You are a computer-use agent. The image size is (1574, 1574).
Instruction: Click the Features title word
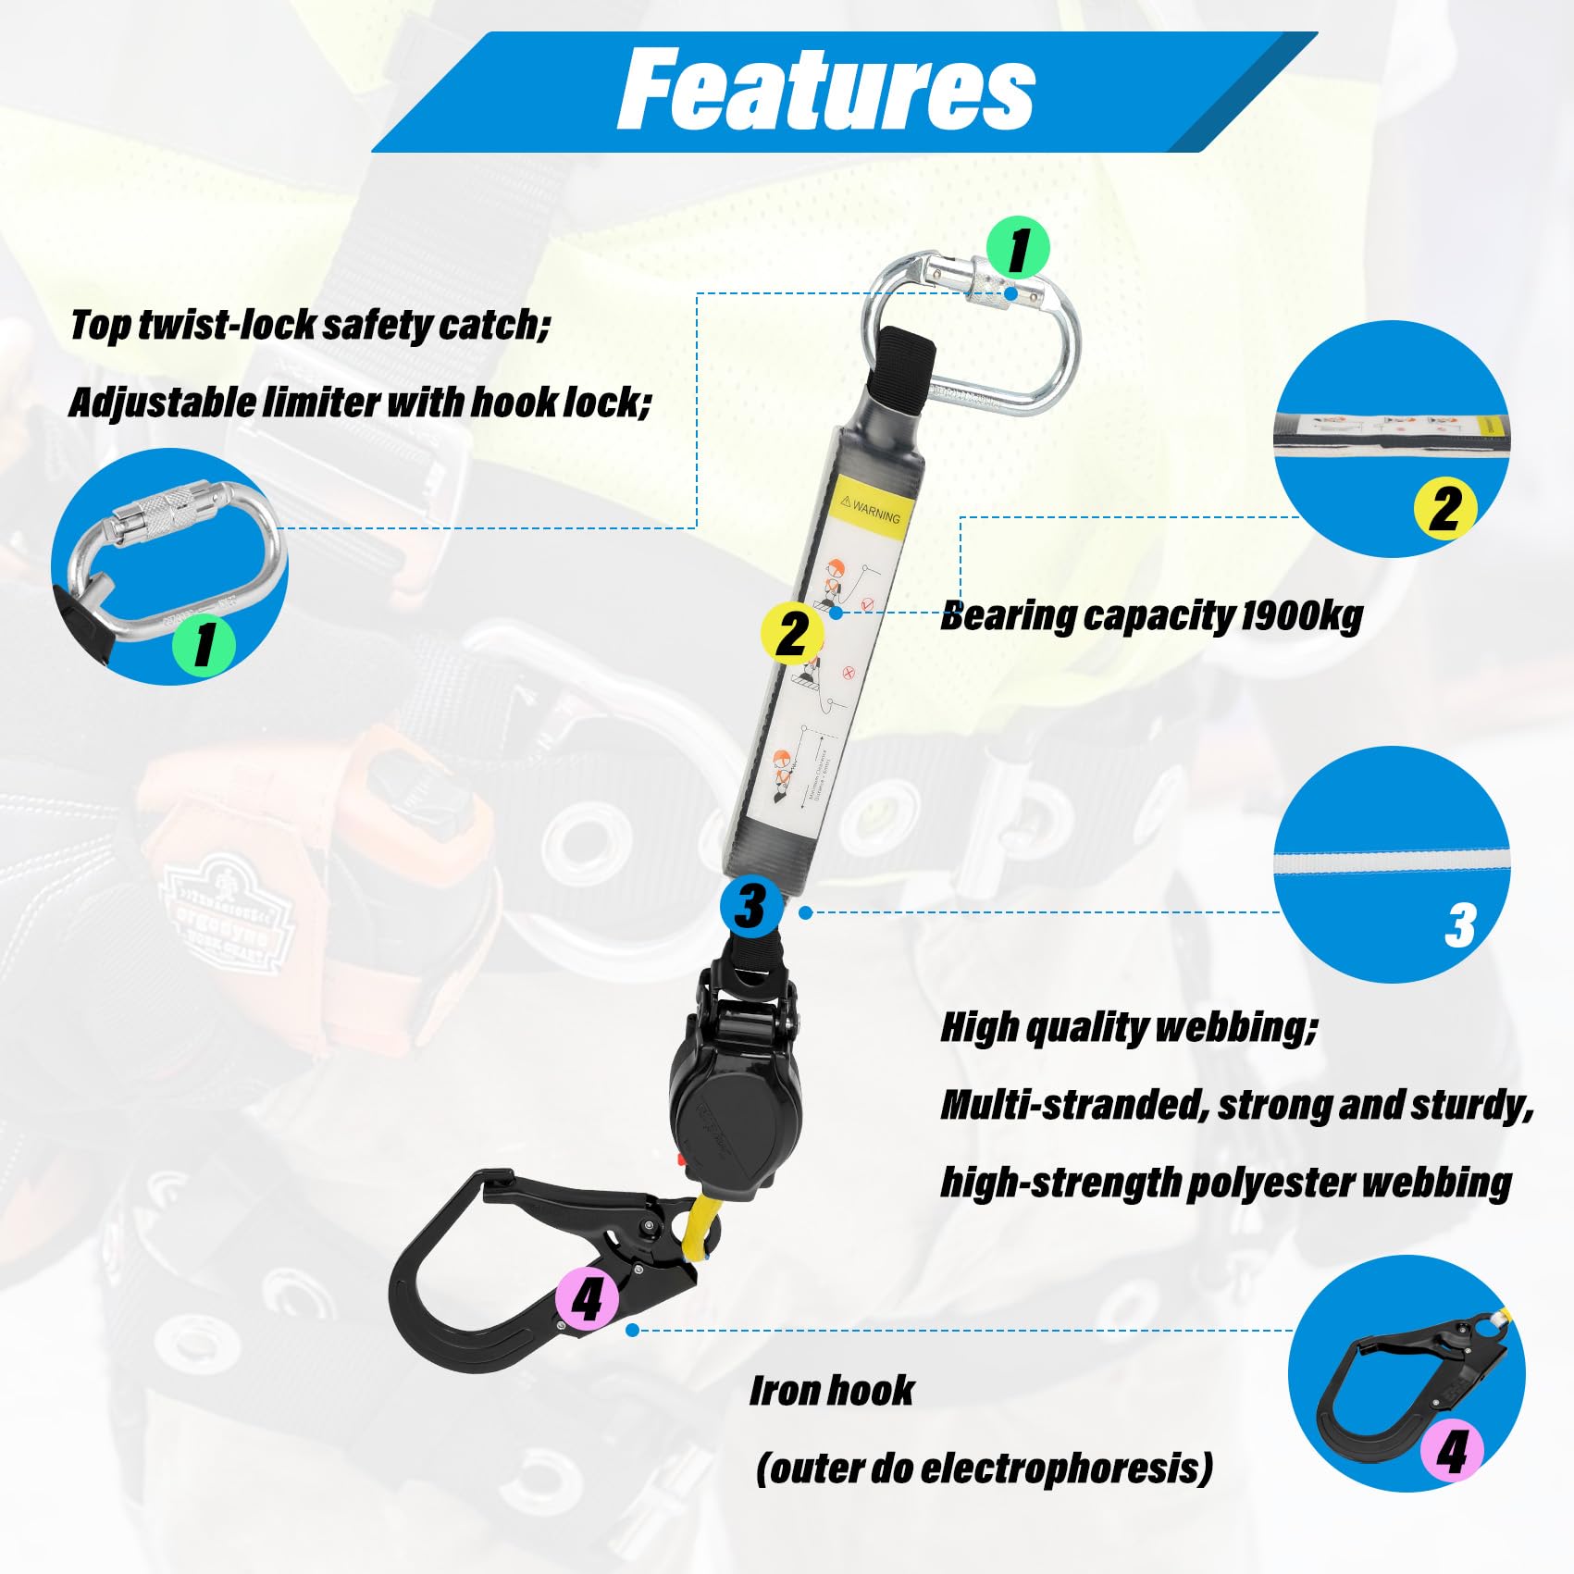[825, 90]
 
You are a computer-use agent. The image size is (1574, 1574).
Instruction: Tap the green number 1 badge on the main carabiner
[1018, 248]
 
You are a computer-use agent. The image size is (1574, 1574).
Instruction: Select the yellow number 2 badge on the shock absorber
[791, 634]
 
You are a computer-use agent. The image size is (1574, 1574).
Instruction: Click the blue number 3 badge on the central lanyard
[750, 906]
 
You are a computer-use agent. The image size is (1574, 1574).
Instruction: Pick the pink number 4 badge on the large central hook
[587, 1298]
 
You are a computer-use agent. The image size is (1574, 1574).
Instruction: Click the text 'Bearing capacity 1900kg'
[1151, 616]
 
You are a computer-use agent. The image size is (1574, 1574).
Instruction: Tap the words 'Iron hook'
[832, 1391]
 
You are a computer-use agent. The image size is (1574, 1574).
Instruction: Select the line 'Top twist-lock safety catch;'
[310, 325]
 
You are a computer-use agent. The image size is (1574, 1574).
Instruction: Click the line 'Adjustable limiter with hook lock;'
[360, 403]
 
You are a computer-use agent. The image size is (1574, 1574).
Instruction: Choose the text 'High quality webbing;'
[1129, 1027]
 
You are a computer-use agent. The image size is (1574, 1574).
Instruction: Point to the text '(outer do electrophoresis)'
[984, 1469]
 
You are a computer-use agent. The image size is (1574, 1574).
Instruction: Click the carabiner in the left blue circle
[171, 555]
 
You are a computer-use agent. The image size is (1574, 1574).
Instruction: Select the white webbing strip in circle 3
[1392, 864]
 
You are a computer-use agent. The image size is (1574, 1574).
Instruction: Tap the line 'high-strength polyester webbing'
[1226, 1183]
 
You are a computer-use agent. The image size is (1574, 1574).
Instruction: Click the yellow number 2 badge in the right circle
[1444, 508]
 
